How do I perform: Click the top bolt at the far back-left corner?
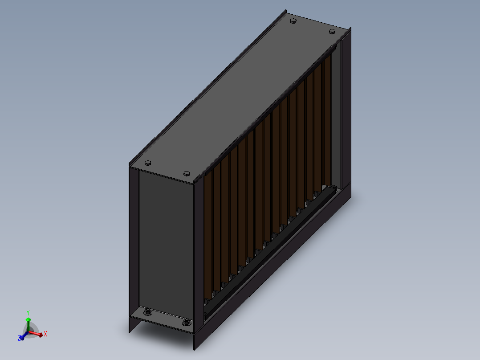[293, 21]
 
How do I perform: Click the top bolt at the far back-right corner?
[332, 31]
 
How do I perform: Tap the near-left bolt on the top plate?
[148, 163]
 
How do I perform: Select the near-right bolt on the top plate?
[187, 174]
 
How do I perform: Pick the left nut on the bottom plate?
[147, 312]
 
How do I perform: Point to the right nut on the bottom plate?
[186, 322]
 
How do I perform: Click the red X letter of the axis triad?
[45, 334]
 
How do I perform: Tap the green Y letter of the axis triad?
[28, 313]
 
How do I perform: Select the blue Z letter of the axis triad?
[20, 338]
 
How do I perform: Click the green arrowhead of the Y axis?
[28, 319]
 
